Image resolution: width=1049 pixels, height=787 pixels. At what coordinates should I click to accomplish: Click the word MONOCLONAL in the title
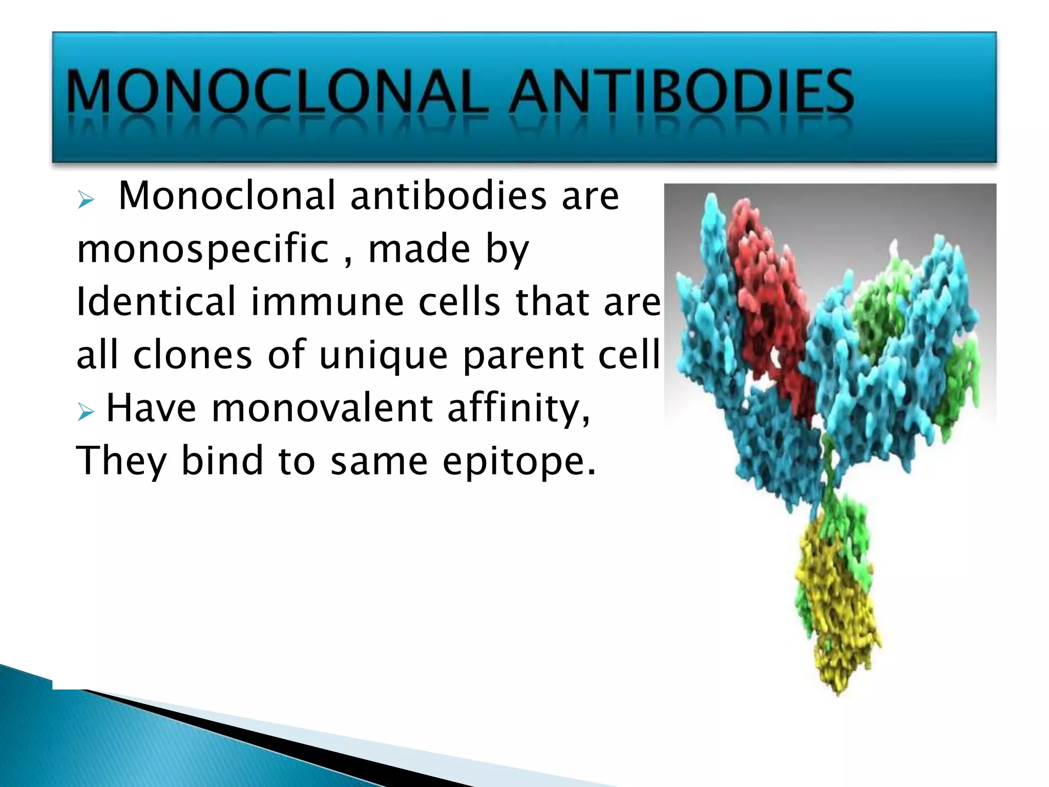[277, 92]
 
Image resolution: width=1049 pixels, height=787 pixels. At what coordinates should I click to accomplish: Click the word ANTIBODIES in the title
[681, 92]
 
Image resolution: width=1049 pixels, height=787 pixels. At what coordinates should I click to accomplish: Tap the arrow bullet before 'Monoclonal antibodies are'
[86, 199]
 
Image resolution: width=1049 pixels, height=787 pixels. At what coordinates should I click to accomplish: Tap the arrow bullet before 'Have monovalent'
[86, 411]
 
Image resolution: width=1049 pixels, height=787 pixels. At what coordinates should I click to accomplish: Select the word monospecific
[203, 250]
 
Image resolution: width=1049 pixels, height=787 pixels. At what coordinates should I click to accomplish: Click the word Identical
[156, 302]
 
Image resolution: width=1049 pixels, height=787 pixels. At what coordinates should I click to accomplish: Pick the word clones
[193, 355]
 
